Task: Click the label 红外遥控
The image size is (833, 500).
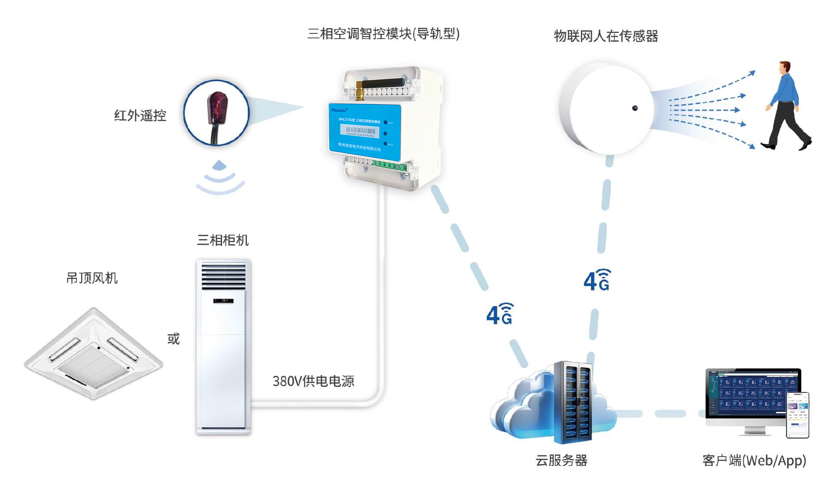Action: pyautogui.click(x=140, y=115)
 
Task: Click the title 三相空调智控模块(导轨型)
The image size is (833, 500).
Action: pyautogui.click(x=384, y=34)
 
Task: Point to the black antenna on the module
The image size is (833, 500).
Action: pyautogui.click(x=382, y=83)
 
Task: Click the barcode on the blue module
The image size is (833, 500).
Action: pyautogui.click(x=360, y=130)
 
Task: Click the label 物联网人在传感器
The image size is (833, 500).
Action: pyautogui.click(x=606, y=36)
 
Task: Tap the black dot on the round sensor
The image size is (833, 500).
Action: pyautogui.click(x=635, y=108)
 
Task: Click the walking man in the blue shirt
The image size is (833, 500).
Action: pyautogui.click(x=786, y=106)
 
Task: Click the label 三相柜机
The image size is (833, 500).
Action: pyautogui.click(x=223, y=240)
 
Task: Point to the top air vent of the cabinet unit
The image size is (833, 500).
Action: pyautogui.click(x=223, y=276)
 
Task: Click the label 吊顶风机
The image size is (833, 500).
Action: pyautogui.click(x=92, y=278)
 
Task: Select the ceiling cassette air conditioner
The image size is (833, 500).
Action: pyautogui.click(x=93, y=354)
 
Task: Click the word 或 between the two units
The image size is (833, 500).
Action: pyautogui.click(x=174, y=339)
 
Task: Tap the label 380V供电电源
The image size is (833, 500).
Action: pyautogui.click(x=313, y=381)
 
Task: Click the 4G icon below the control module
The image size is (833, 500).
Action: pyautogui.click(x=499, y=314)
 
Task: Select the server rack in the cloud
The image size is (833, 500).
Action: pyautogui.click(x=573, y=401)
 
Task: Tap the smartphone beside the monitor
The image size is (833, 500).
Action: pyautogui.click(x=798, y=415)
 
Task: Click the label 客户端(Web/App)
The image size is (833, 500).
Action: pyautogui.click(x=754, y=460)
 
